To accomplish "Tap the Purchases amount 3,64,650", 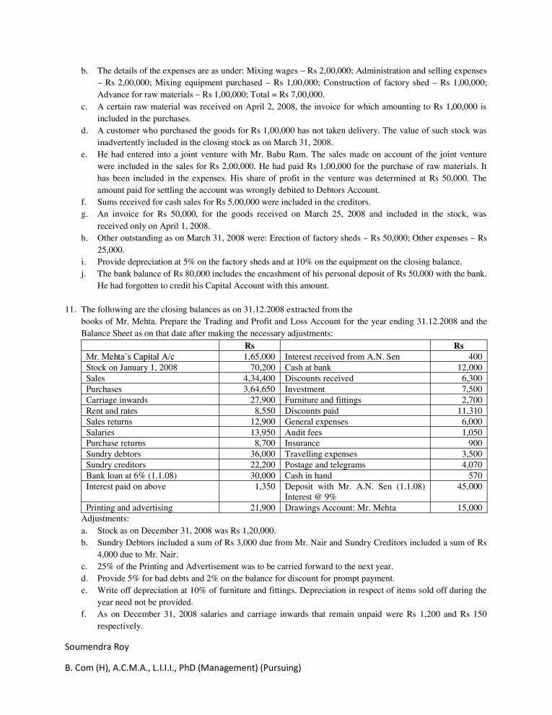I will point(260,389).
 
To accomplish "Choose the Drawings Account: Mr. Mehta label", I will point(341,508).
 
